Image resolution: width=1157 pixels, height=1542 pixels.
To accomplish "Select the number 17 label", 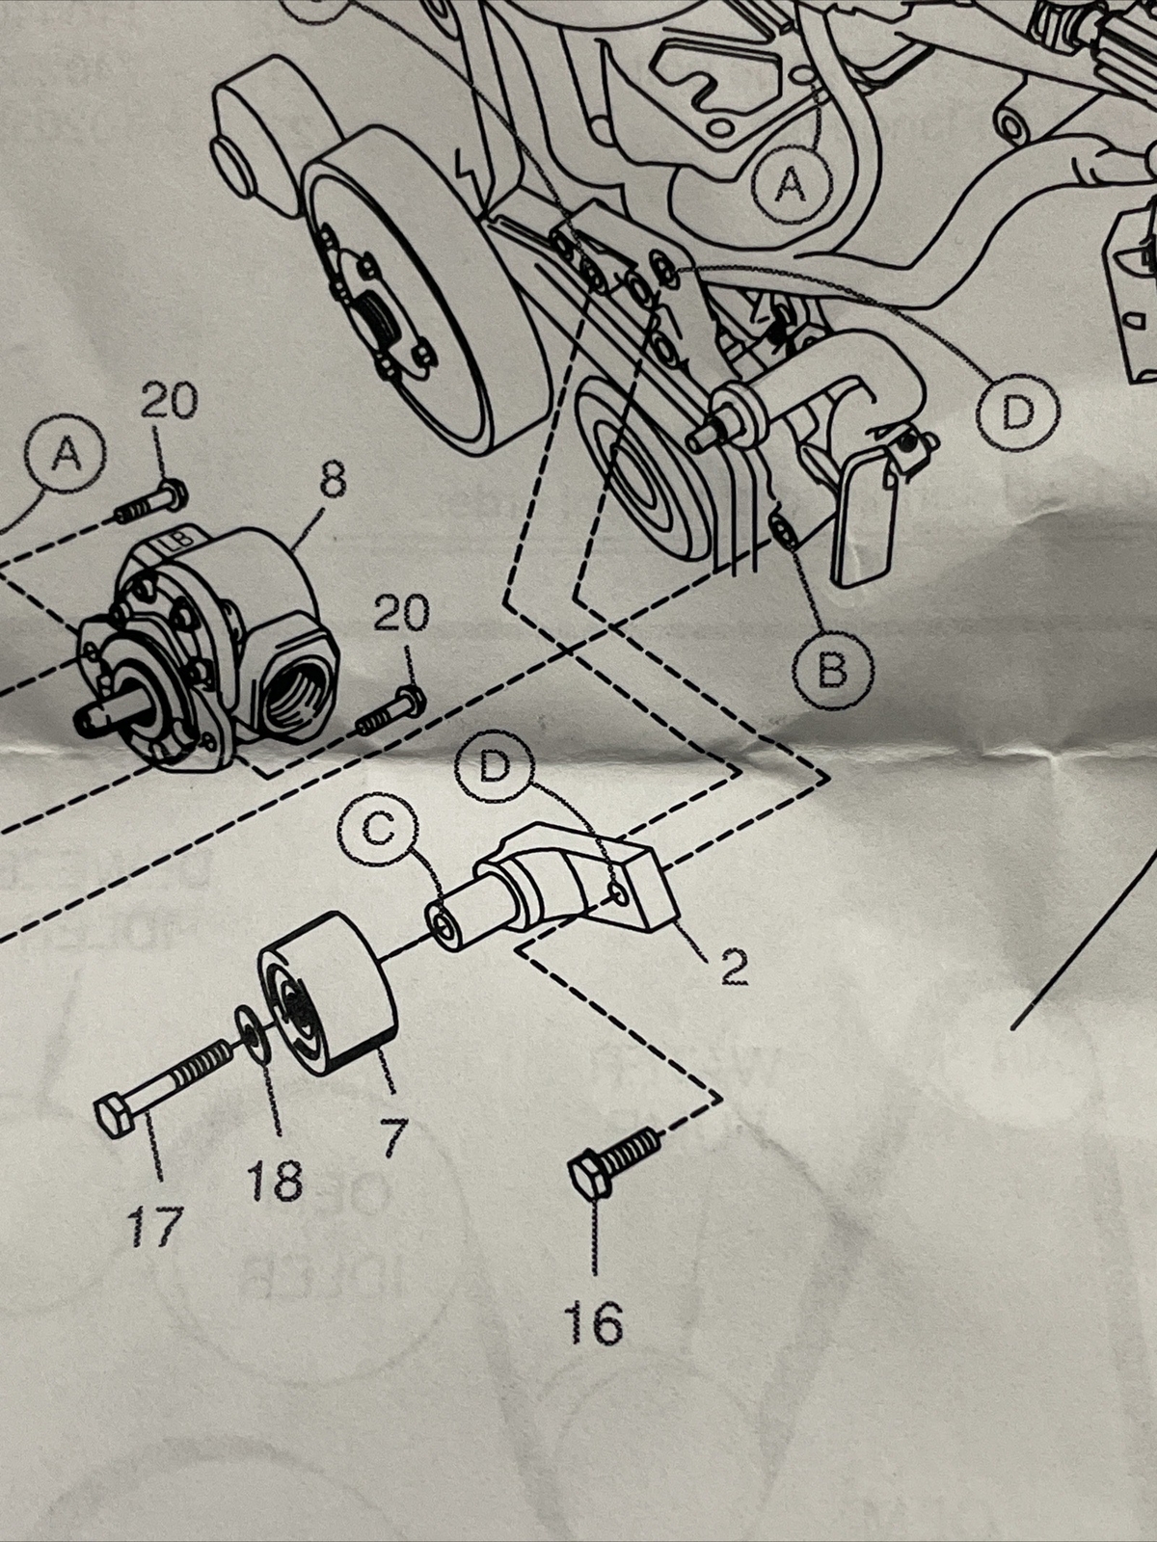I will pyautogui.click(x=154, y=1228).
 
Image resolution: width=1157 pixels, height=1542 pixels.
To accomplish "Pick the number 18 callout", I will pyautogui.click(x=274, y=1180).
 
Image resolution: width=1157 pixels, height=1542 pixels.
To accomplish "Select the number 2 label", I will pyautogui.click(x=734, y=968).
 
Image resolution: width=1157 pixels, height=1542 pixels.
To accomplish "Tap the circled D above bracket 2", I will pyautogui.click(x=495, y=766).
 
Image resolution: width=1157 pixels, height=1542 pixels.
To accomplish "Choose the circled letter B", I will pyautogui.click(x=835, y=666).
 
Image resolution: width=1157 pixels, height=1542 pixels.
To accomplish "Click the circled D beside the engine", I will pyautogui.click(x=1017, y=412).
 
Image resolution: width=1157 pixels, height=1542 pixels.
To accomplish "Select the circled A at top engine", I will pyautogui.click(x=792, y=182).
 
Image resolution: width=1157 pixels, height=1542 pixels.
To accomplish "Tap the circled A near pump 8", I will pyautogui.click(x=66, y=454).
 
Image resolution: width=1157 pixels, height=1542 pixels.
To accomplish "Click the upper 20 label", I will pyautogui.click(x=169, y=401).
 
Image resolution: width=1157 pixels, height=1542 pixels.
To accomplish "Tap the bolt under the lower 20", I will pyautogui.click(x=390, y=711).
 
